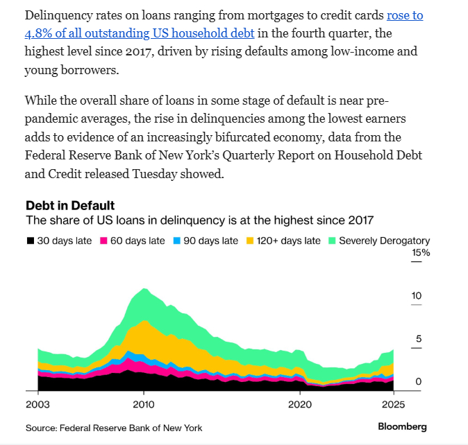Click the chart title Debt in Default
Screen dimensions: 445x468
click(70, 205)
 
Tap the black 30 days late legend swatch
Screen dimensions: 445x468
click(30, 241)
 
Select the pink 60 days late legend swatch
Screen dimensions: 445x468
click(105, 241)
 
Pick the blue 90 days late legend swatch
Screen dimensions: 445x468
click(178, 241)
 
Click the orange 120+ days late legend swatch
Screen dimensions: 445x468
click(251, 241)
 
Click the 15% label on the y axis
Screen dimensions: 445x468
click(421, 254)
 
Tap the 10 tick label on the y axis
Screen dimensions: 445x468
click(417, 296)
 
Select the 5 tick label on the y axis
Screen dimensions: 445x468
click(419, 339)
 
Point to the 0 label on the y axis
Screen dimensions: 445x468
click(419, 382)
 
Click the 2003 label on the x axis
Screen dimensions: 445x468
click(37, 404)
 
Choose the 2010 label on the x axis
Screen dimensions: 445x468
click(144, 404)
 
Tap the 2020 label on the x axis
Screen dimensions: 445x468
click(300, 404)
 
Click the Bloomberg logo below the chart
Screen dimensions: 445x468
click(402, 427)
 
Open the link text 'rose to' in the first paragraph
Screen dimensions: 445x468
click(404, 15)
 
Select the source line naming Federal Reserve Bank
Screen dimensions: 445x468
click(114, 428)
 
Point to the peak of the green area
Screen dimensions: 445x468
click(144, 289)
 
